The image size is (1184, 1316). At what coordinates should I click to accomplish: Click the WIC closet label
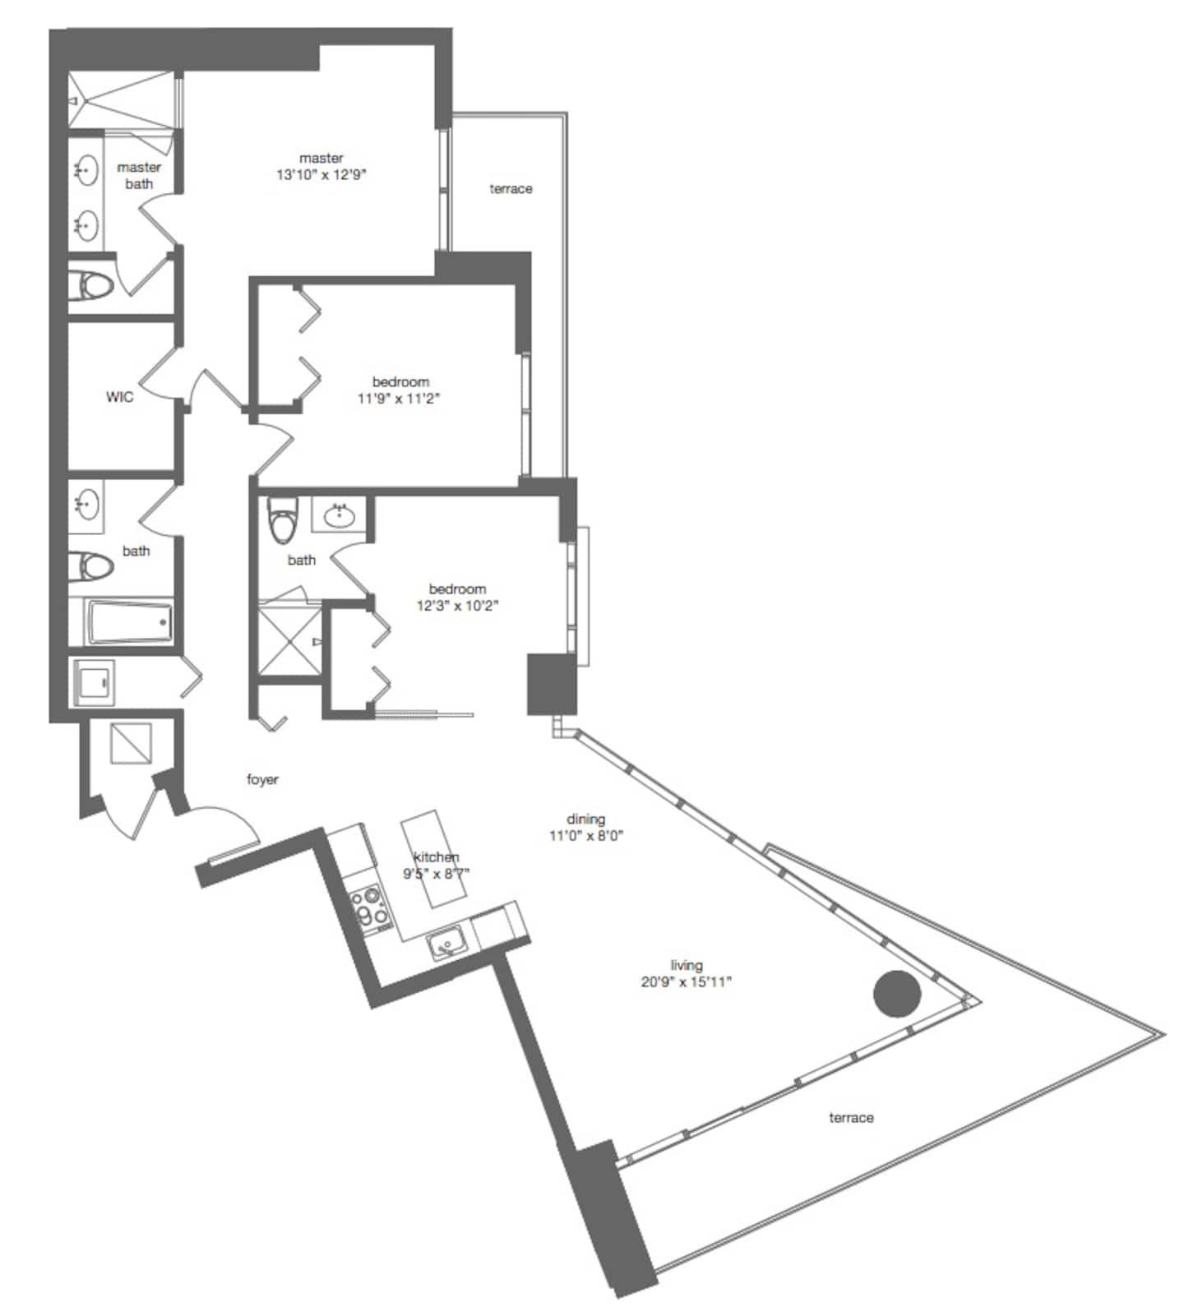click(119, 397)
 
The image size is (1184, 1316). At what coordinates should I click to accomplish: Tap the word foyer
click(262, 779)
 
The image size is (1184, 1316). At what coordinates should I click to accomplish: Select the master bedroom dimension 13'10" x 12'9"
click(321, 174)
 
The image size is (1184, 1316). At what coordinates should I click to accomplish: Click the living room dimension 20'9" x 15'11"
click(686, 981)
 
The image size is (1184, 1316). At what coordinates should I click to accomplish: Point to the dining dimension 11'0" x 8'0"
click(586, 836)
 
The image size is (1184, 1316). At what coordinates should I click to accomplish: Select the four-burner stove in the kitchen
click(369, 908)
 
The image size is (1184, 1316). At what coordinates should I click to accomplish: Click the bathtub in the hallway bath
click(131, 622)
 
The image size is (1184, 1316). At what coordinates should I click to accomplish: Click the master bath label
click(139, 175)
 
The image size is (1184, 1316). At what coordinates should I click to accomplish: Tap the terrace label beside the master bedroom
click(511, 189)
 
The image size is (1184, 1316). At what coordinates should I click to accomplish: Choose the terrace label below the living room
click(851, 1118)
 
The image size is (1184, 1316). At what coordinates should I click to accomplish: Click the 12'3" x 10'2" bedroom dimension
click(457, 606)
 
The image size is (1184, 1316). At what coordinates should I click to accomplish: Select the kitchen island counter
click(432, 859)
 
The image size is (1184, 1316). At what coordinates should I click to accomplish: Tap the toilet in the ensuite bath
click(280, 519)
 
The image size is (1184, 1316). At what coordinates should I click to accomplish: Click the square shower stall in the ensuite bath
click(289, 640)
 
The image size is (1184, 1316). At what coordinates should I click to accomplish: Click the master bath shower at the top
click(121, 100)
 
